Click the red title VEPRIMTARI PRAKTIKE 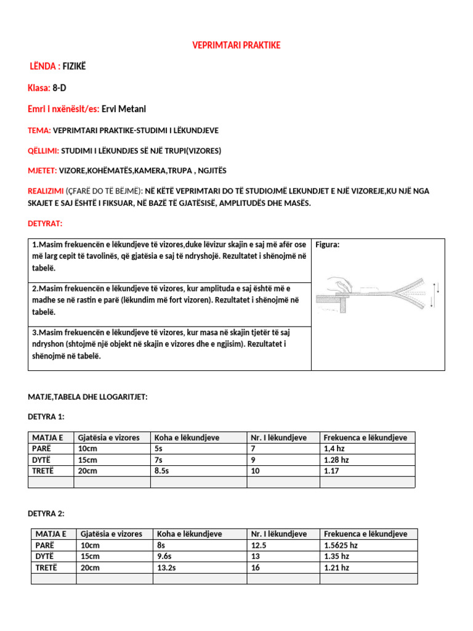(236, 46)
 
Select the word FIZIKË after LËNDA (75, 67)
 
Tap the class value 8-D (60, 88)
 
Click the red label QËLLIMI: (44, 150)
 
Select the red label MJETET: (42, 170)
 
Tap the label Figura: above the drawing (327, 245)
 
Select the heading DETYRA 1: (46, 417)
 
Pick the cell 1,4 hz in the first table (333, 449)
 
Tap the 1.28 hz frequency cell (336, 460)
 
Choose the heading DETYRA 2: (46, 513)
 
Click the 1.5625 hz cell (341, 545)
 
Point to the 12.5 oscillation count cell (257, 545)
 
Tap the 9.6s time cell (164, 556)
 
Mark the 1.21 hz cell (336, 568)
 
